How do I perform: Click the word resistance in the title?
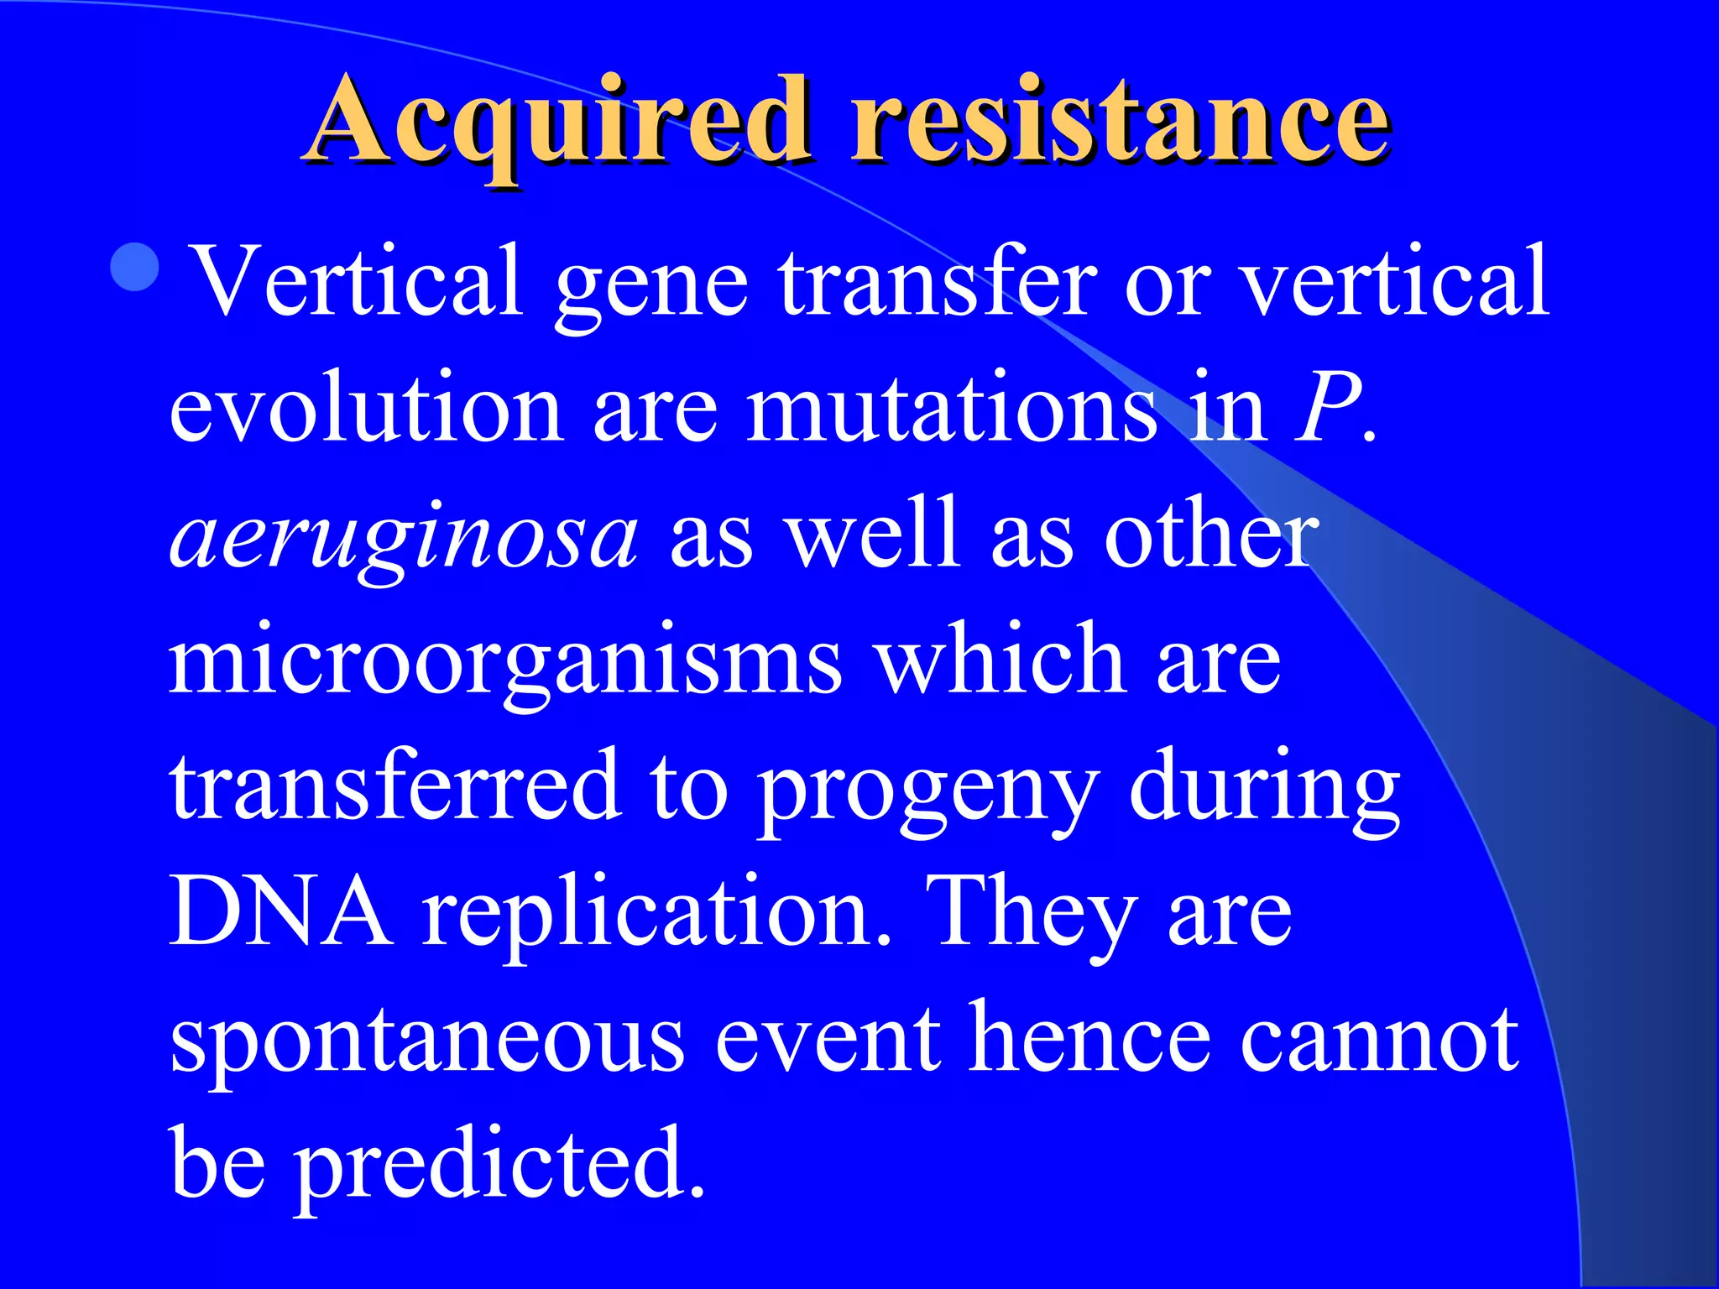pos(1121,122)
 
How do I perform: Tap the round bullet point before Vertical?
pos(134,267)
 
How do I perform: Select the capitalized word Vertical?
pos(357,281)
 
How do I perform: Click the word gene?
pos(651,285)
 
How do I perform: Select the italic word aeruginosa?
pos(403,537)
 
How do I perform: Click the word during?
pos(1263,789)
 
